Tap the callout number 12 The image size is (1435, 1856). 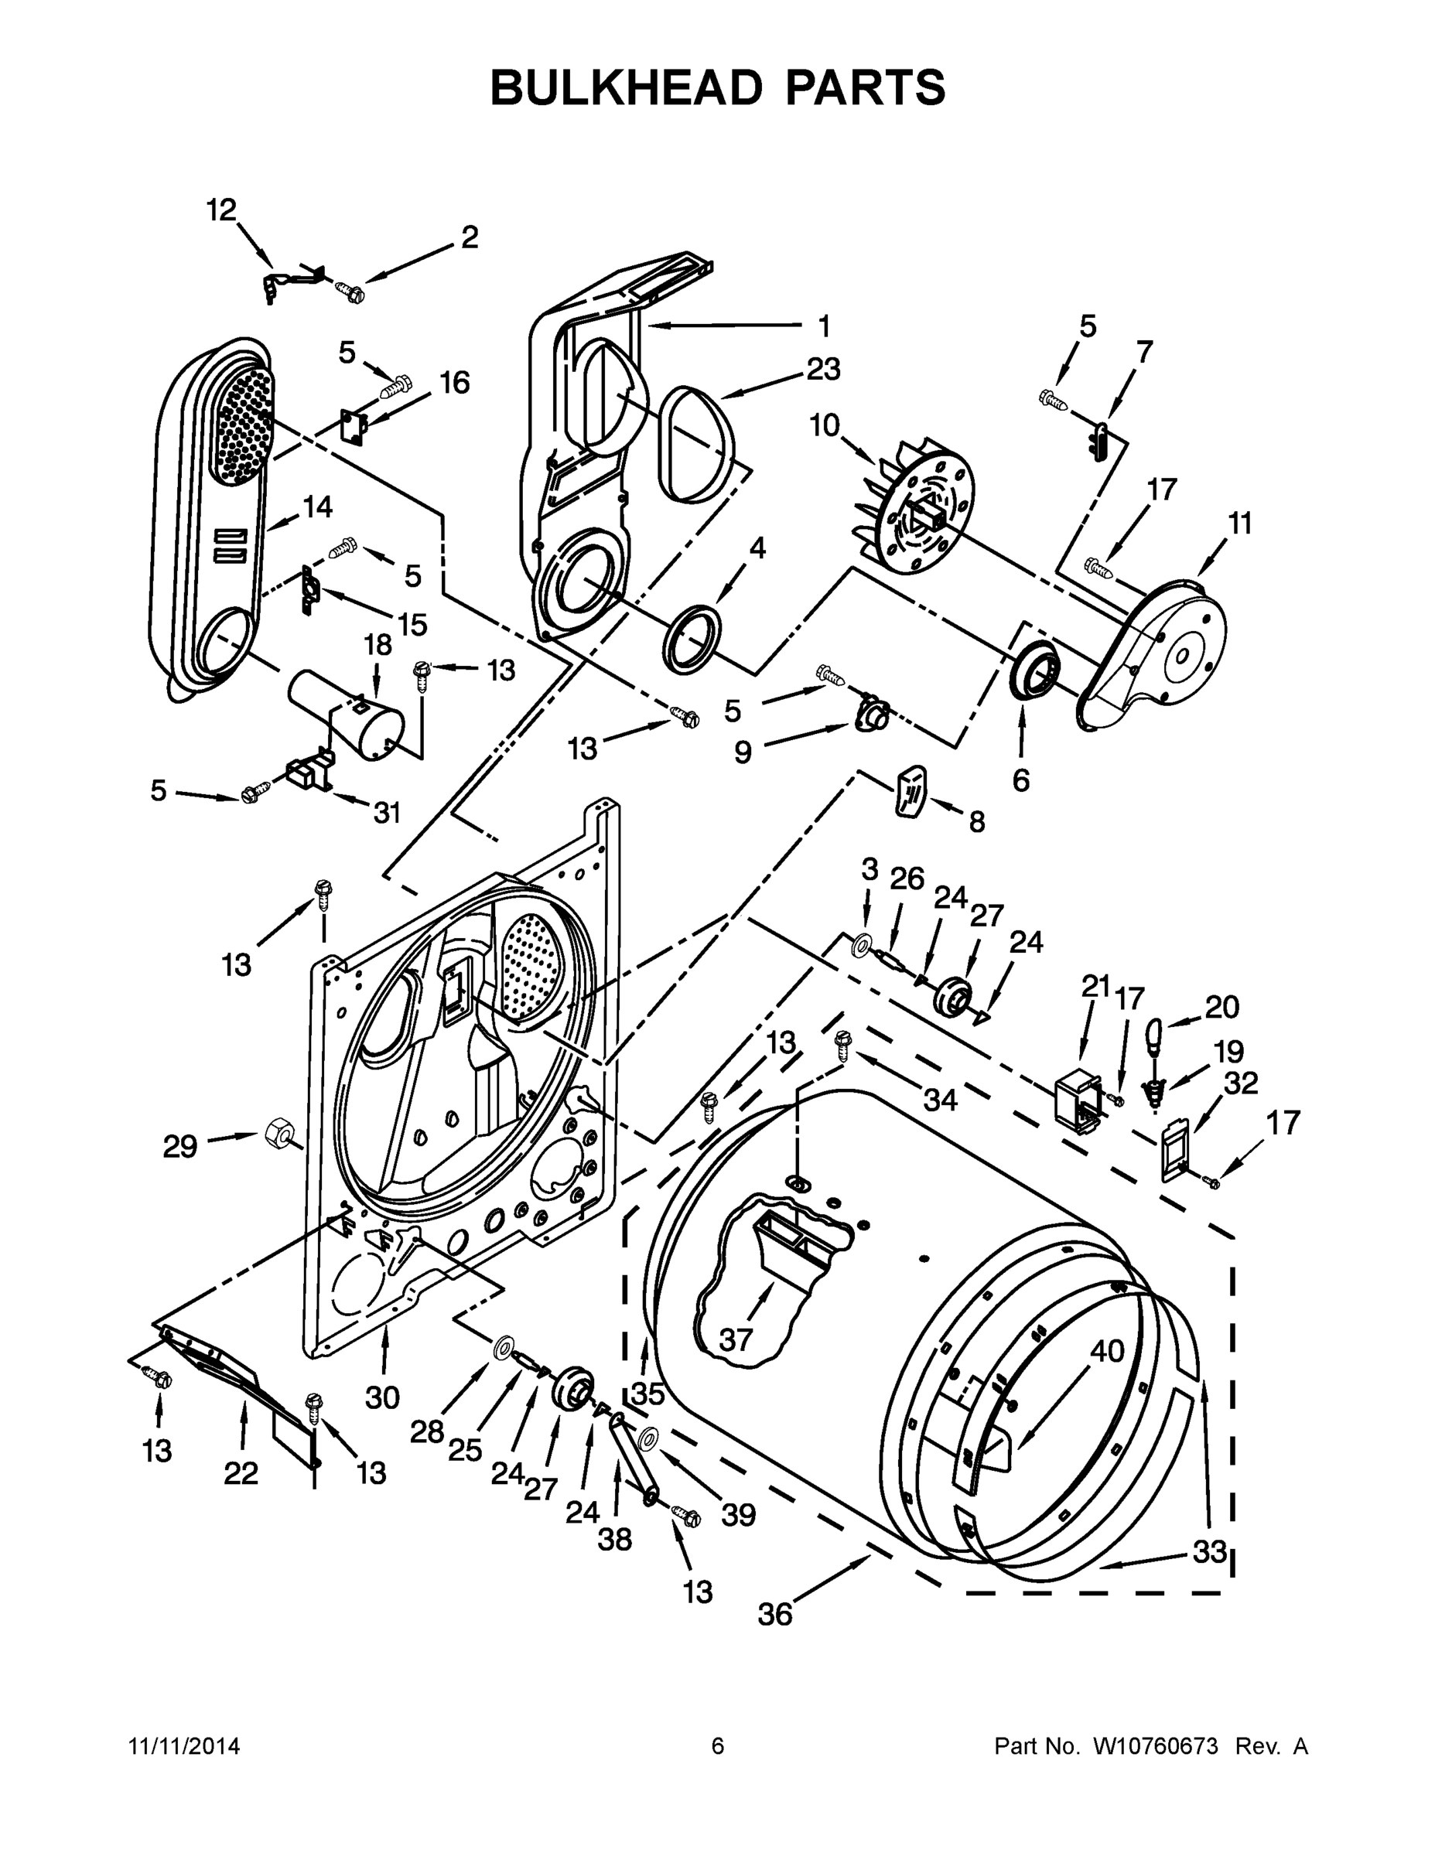[x=222, y=210]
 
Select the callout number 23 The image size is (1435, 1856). [x=823, y=369]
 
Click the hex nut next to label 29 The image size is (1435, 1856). [x=278, y=1132]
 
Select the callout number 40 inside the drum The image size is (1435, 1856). [x=1107, y=1350]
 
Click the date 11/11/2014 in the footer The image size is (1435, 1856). [x=183, y=1746]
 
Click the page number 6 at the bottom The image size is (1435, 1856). [x=718, y=1746]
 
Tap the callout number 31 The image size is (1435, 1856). [x=387, y=814]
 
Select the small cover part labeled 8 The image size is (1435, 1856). [x=911, y=789]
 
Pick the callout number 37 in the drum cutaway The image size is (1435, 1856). [x=736, y=1340]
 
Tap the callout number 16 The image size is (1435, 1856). [x=455, y=383]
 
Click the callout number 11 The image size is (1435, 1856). [x=1240, y=524]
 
